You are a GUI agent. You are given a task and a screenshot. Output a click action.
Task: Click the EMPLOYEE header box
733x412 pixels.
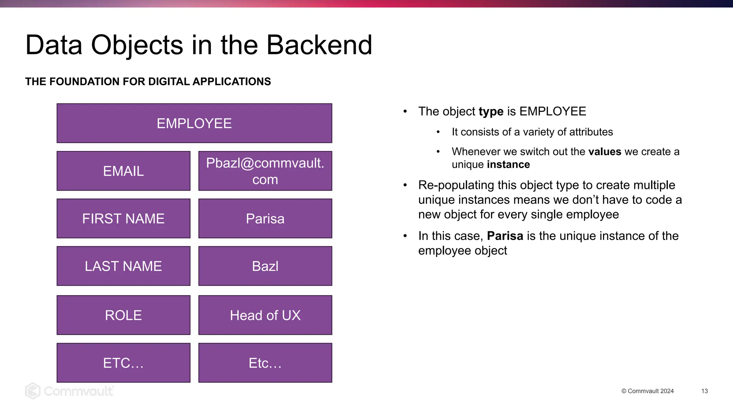point(194,123)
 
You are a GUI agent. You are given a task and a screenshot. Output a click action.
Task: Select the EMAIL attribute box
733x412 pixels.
point(123,171)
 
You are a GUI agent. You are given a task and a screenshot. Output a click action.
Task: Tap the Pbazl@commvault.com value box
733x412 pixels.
point(265,171)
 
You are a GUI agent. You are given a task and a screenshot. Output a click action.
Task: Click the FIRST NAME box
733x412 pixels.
point(123,219)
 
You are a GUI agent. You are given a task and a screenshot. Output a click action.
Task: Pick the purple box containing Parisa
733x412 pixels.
point(265,219)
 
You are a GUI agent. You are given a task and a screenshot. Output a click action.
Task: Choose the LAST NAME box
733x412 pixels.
point(123,266)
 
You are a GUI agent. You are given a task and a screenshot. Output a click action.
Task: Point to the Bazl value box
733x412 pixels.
point(265,266)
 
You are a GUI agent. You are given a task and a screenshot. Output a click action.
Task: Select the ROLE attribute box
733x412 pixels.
point(123,315)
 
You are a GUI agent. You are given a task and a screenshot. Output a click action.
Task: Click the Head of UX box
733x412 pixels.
point(265,315)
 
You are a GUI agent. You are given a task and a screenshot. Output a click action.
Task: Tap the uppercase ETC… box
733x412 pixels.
point(123,363)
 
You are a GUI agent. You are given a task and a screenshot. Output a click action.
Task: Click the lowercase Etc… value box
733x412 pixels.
point(265,363)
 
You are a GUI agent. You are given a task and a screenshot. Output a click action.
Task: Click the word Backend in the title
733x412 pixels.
point(319,45)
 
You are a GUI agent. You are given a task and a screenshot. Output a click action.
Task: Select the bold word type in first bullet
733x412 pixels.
point(491,112)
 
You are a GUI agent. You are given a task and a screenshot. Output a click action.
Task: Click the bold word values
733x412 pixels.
point(605,152)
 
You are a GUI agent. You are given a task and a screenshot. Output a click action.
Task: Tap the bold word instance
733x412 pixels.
point(508,165)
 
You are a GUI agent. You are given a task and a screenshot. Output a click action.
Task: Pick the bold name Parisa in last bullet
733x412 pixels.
point(505,236)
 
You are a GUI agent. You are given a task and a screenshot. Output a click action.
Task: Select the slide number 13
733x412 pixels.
point(704,391)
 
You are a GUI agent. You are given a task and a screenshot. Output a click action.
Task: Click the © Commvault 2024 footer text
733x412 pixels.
point(647,391)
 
